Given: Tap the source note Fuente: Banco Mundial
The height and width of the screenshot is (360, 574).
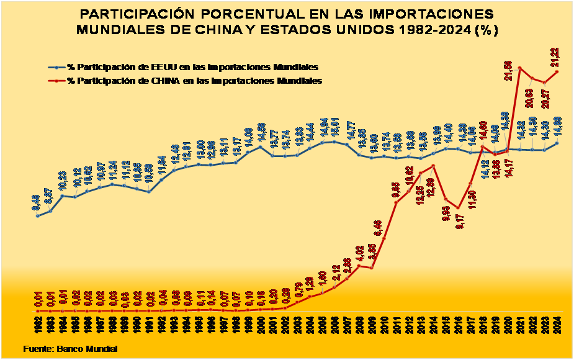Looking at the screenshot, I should pos(70,349).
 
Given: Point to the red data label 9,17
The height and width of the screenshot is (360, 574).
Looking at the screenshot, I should pos(457,222).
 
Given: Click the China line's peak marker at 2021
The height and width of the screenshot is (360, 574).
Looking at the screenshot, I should pos(519,67).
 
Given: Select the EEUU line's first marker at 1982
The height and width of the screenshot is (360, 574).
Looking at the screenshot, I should pos(37,215).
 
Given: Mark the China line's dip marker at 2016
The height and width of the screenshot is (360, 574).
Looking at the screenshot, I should pos(457,208).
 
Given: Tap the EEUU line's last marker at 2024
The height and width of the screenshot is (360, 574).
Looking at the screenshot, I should pos(557,143).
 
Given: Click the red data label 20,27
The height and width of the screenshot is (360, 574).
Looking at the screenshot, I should pos(545,97).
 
